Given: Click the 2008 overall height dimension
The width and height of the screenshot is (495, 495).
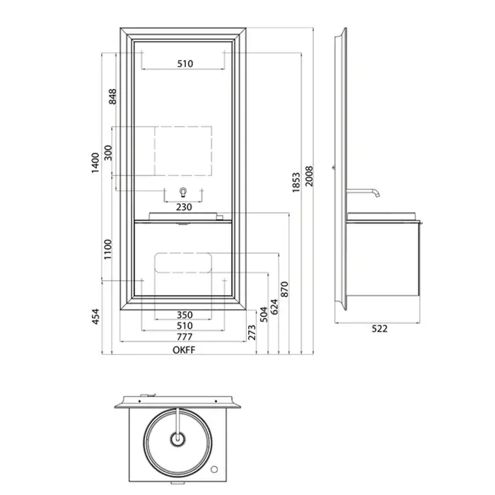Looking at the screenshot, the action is (309, 176).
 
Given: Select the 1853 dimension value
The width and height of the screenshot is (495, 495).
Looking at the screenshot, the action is (296, 182).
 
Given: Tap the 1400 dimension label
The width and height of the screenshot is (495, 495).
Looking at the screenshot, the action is (95, 163).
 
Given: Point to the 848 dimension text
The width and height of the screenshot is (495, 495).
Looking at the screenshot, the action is (112, 97).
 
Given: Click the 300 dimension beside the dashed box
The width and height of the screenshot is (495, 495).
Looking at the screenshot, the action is (108, 153).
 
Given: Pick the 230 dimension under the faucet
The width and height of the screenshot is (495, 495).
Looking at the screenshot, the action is (184, 207).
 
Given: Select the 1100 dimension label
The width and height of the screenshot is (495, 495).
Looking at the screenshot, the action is (108, 250).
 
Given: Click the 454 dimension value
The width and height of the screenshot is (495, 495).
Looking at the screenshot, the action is (95, 316).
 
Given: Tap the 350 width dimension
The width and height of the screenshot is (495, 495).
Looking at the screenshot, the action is (185, 315).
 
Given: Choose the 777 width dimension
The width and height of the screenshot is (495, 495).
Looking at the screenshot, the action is (185, 337).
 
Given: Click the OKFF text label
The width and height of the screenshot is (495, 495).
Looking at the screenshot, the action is (184, 350).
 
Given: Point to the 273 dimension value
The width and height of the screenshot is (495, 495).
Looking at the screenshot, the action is (252, 332).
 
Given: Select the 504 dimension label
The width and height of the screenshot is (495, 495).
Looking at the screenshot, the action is (264, 315).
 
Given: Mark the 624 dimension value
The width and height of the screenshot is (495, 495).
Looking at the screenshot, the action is (274, 307).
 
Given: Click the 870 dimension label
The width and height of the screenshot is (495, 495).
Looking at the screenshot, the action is (285, 289).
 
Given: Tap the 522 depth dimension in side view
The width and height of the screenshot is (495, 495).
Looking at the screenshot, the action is (380, 329).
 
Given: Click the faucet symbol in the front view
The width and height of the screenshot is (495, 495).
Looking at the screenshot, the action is (183, 192).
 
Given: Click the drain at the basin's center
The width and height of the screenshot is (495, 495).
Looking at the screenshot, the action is (177, 439).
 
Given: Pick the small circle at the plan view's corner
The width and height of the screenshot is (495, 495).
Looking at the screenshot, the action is (214, 470).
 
